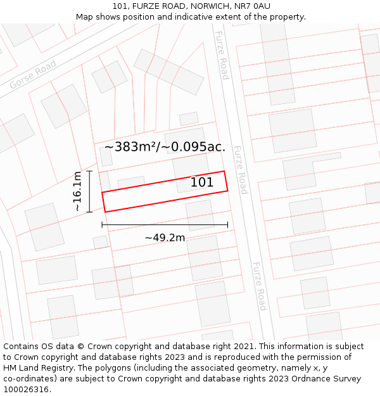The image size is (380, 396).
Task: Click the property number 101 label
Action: point(201,182)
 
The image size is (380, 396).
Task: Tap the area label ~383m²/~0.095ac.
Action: point(165,147)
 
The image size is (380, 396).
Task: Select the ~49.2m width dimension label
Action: point(165,238)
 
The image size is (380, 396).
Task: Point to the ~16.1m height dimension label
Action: point(77,191)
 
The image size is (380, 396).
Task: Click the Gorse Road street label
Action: point(33,75)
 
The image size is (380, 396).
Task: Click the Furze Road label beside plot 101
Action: point(240,170)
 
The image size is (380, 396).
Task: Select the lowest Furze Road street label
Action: point(258,286)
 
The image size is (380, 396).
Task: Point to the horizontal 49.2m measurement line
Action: point(165,225)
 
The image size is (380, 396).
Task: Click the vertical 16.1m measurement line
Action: point(90,191)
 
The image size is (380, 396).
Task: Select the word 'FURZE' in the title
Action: point(146,6)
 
